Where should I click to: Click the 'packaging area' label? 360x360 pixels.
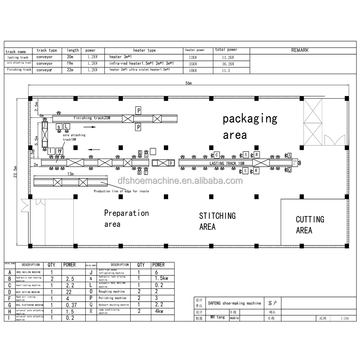tap(250, 126)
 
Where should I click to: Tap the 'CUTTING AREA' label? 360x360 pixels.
tap(310, 225)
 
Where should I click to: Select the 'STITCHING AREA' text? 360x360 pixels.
tap(217, 221)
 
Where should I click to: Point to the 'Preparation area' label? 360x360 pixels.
tap(126, 219)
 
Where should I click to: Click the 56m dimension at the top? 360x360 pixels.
tap(189, 83)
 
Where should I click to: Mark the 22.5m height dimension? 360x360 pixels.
tap(14, 171)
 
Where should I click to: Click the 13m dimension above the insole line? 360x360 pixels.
tap(70, 174)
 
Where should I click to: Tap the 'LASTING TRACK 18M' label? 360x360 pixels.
tap(227, 163)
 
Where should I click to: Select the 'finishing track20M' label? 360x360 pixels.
tap(92, 118)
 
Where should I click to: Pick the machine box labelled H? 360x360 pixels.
tap(60, 150)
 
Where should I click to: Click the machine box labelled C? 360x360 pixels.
tap(217, 155)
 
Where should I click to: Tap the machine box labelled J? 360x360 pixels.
tap(44, 125)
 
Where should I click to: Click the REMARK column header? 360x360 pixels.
tap(300, 50)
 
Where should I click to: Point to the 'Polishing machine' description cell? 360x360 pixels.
tap(112, 298)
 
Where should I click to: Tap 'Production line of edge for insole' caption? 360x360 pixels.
tap(121, 191)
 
